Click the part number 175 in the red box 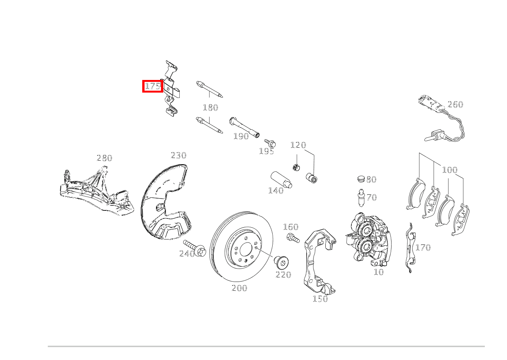pyautogui.click(x=153, y=86)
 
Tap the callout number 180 pyautogui.click(x=211, y=108)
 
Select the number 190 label pyautogui.click(x=241, y=136)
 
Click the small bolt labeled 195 pyautogui.click(x=270, y=143)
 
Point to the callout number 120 pyautogui.click(x=298, y=145)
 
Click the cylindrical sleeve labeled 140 pyautogui.click(x=281, y=180)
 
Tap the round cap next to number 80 pyautogui.click(x=361, y=179)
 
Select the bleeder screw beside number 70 pyautogui.click(x=361, y=197)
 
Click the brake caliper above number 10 pyautogui.click(x=368, y=238)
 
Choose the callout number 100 pyautogui.click(x=450, y=170)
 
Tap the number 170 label pyautogui.click(x=423, y=247)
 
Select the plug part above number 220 pyautogui.click(x=281, y=263)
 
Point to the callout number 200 pyautogui.click(x=239, y=288)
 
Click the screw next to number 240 pyautogui.click(x=194, y=248)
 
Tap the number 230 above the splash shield pyautogui.click(x=179, y=155)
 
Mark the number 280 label pyautogui.click(x=104, y=158)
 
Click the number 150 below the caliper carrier pyautogui.click(x=320, y=299)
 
